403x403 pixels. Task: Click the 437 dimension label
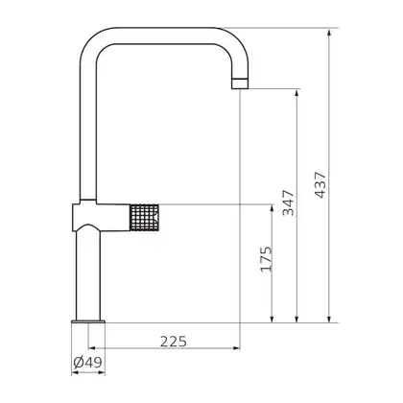point(320,185)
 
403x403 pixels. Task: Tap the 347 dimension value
point(288,202)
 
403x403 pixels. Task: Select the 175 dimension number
point(266,259)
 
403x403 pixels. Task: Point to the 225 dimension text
point(173,342)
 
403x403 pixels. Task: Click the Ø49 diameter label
point(87,363)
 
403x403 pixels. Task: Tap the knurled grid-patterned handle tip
point(145,218)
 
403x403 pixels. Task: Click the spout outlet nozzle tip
point(240,83)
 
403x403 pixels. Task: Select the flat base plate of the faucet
point(88,321)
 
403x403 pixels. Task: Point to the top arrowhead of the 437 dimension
point(329,33)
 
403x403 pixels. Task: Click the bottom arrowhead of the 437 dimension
point(329,319)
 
